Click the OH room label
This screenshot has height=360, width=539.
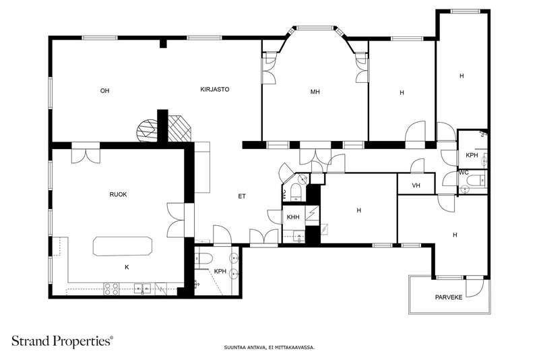pyautogui.click(x=105, y=91)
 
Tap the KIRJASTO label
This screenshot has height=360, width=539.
pyautogui.click(x=215, y=90)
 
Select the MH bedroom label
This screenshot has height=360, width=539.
pyautogui.click(x=315, y=92)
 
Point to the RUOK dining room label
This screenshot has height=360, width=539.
pyautogui.click(x=119, y=195)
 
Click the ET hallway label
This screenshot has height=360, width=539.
pyautogui.click(x=242, y=196)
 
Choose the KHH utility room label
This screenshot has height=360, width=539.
pyautogui.click(x=293, y=217)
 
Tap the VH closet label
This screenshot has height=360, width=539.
pyautogui.click(x=416, y=185)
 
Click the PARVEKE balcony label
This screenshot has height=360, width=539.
pyautogui.click(x=449, y=297)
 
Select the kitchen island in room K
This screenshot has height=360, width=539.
pyautogui.click(x=123, y=246)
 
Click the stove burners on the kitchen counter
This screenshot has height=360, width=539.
pyautogui.click(x=112, y=289)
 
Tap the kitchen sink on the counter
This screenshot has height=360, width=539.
pyautogui.click(x=143, y=288)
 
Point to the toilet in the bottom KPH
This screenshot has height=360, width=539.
pyautogui.click(x=203, y=258)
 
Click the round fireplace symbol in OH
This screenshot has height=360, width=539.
pyautogui.click(x=147, y=130)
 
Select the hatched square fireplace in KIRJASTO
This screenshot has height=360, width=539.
pyautogui.click(x=179, y=128)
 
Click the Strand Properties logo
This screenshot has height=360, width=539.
pyautogui.click(x=62, y=341)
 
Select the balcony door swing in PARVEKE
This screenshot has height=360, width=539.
pyautogui.click(x=475, y=287)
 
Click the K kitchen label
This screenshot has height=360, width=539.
pyautogui.click(x=127, y=267)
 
